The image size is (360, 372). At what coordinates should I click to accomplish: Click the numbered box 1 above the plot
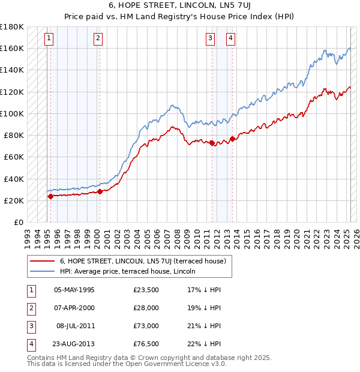tap(48, 39)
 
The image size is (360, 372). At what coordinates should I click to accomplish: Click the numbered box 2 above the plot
tap(97, 39)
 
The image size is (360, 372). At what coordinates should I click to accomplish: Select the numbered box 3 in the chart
tap(211, 39)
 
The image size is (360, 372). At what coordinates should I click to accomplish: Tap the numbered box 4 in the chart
tap(230, 39)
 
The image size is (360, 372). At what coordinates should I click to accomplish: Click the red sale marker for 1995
tap(50, 196)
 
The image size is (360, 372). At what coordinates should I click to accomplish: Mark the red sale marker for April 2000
tap(100, 191)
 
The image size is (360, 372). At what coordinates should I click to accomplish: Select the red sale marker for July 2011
tap(212, 143)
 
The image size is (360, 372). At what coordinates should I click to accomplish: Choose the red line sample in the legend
tap(41, 261)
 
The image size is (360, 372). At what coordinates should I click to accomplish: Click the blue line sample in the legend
tap(41, 271)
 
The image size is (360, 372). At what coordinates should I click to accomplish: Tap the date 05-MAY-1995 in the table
tap(74, 290)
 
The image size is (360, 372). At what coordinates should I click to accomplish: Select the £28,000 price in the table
tap(146, 307)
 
